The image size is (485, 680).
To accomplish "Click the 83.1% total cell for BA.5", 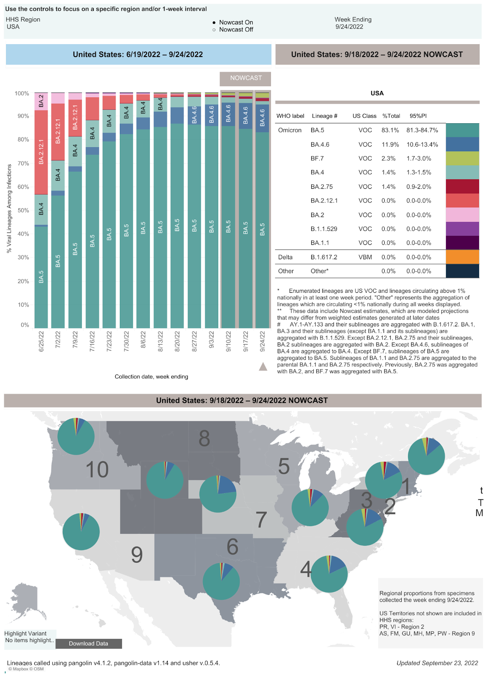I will point(390,130).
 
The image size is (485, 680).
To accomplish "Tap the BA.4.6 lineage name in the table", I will point(320,144).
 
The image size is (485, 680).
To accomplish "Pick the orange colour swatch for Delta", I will point(462,257).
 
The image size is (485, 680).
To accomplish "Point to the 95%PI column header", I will point(418,116).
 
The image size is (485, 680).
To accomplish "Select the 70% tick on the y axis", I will point(22,163).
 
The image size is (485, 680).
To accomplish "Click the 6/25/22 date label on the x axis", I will point(41,341).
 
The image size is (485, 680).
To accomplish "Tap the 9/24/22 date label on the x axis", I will point(262,341).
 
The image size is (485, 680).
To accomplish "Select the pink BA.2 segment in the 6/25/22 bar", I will point(41,101).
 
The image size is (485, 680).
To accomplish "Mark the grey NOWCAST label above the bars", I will point(245,78).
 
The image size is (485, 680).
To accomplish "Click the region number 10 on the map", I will point(97,470).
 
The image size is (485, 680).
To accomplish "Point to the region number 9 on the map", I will point(137,555).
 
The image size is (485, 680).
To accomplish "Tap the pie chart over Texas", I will point(221,581).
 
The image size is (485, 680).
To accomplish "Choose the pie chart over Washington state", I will point(76,436).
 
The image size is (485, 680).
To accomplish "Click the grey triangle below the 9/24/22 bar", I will point(263,366).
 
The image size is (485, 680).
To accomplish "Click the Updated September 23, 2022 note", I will point(437,663).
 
